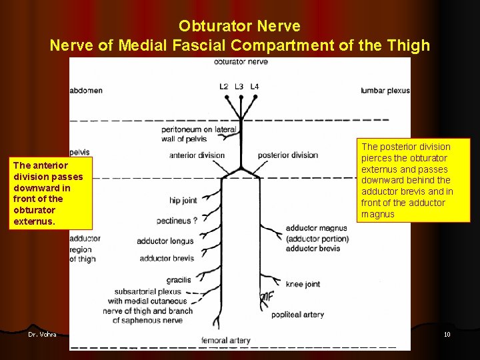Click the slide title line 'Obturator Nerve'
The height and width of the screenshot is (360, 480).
point(239,26)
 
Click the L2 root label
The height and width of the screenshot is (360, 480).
point(225,86)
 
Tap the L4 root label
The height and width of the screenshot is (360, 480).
point(255,86)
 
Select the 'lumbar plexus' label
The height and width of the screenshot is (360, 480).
point(385,90)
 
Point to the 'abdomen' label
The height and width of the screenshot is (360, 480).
point(86,90)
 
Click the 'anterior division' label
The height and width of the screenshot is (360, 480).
point(197,155)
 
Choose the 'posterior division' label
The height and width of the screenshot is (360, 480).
point(287,155)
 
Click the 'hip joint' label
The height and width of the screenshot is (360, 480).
point(183,200)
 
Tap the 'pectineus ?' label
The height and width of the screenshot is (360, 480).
point(177,220)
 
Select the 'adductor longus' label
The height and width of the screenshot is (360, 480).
point(165,241)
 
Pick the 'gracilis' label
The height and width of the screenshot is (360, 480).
point(179,280)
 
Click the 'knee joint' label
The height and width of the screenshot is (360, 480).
point(303,284)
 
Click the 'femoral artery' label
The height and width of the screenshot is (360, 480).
point(225,340)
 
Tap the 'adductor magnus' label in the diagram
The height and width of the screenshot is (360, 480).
point(316,228)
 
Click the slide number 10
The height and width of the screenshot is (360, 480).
point(447,334)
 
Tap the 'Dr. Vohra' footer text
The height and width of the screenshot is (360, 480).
point(42,334)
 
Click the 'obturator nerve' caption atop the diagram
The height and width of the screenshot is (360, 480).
point(241,62)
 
